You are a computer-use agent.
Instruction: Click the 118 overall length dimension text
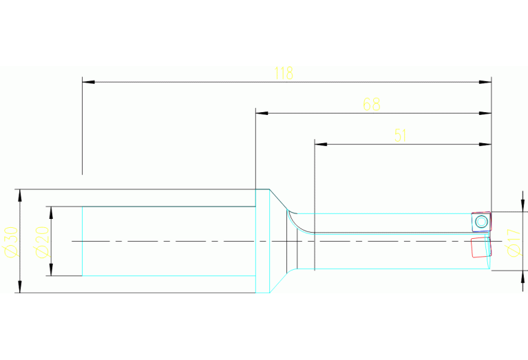(284, 74)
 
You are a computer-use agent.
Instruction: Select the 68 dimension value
(372, 105)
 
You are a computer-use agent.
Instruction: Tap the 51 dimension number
(401, 136)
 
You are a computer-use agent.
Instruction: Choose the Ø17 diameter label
(513, 241)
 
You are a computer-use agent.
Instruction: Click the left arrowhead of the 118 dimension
(87, 82)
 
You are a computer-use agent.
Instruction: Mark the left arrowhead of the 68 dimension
(261, 113)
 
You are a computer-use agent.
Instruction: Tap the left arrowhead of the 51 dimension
(319, 144)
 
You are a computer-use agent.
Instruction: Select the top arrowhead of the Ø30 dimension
(20, 194)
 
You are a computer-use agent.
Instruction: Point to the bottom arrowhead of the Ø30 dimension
(20, 287)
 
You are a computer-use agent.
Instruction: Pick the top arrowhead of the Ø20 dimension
(50, 211)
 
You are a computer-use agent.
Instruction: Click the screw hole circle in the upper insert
(481, 221)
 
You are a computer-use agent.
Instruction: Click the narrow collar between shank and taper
(262, 241)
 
